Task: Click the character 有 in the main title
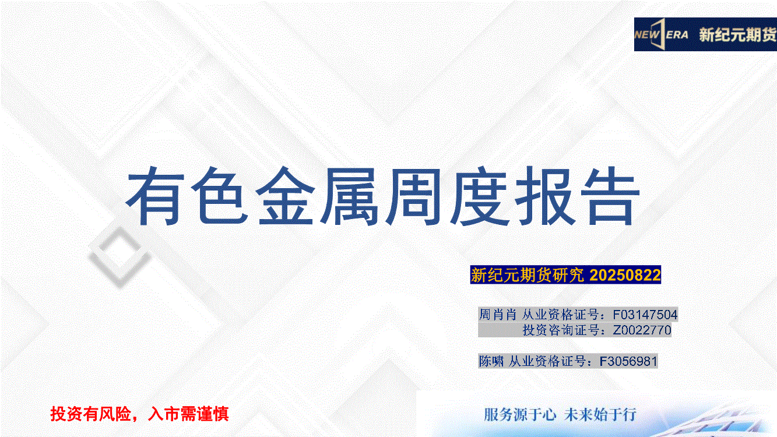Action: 155,196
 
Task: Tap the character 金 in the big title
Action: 285,196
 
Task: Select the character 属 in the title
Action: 349,196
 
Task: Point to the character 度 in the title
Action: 479,196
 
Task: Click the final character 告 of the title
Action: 610,196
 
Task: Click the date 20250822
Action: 625,275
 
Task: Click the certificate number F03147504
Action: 645,315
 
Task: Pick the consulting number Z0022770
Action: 642,330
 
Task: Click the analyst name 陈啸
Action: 491,361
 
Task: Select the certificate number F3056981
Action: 628,361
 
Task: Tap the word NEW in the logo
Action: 646,35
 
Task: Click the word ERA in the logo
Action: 677,35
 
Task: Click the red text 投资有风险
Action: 90,414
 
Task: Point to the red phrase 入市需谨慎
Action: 188,414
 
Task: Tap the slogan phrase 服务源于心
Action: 519,414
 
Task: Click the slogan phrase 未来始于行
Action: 600,414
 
